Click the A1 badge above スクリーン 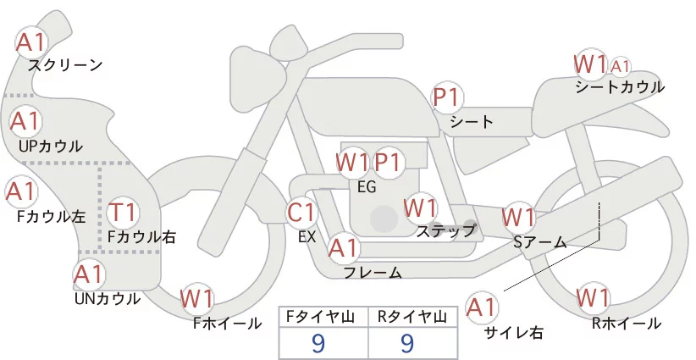31,40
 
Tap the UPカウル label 51,146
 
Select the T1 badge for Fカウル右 124,212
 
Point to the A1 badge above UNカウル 89,274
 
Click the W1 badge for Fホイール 197,298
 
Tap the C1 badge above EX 302,212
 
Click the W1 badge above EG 351,161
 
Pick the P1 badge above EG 389,161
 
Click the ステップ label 445,230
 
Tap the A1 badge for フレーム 343,248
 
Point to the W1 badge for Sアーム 518,217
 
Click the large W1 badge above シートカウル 590,64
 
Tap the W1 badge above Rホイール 593,297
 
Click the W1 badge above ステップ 420,207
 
